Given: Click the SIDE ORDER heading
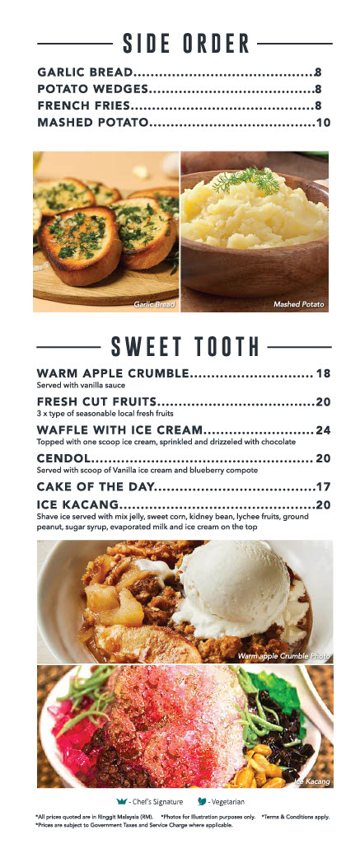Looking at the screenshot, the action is click(x=185, y=42).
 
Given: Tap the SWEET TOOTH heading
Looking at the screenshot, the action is click(x=185, y=345).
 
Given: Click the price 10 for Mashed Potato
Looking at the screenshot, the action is click(x=323, y=123).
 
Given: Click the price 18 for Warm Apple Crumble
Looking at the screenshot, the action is click(x=323, y=373).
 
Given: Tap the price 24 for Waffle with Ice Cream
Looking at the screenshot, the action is click(x=323, y=430).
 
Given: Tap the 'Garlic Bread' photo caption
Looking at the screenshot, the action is click(x=155, y=305).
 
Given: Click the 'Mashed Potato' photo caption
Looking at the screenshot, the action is click(x=299, y=305).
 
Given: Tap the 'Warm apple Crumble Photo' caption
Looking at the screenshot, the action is click(x=283, y=656).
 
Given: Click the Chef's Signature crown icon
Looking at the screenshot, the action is click(x=123, y=800).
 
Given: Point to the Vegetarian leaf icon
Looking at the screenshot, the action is click(x=202, y=800).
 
